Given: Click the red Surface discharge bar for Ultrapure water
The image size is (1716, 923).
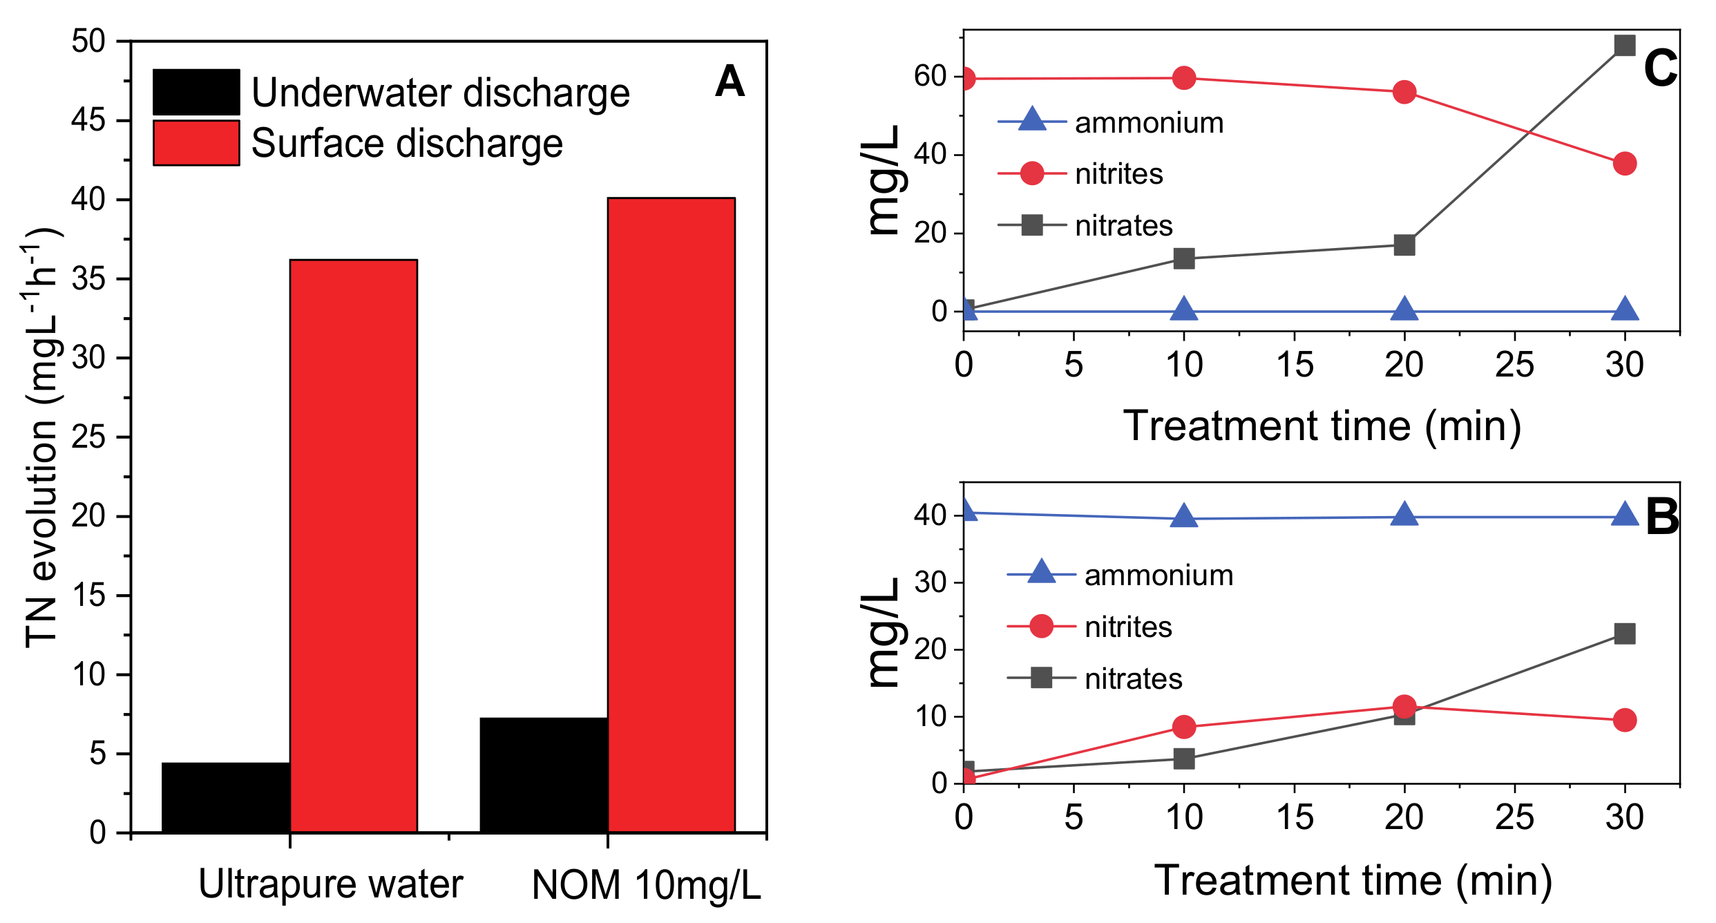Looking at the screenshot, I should pos(353,546).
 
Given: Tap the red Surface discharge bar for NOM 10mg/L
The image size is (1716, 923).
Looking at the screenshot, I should pos(671,515).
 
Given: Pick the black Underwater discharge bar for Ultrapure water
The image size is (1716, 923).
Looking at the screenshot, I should pos(226,797).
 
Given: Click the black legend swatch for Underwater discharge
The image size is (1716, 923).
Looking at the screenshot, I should pos(196,92).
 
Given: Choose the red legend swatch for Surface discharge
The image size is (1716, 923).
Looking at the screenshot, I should pos(196,143).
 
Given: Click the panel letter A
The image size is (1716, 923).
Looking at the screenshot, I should pos(730,82).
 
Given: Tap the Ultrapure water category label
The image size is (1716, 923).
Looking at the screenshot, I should pos(330,884).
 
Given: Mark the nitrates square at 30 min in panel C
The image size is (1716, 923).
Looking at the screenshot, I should pos(1624,46).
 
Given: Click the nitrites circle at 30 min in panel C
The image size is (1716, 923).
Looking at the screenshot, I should pos(1624,164).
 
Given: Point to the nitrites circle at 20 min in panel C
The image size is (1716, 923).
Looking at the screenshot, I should pos(1404,92).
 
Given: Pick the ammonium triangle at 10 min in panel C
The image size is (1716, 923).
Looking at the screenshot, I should pos(1184,310).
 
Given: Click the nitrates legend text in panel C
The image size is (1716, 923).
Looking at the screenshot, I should pos(1124,226).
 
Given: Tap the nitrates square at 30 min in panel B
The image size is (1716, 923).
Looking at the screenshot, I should pos(1624,634).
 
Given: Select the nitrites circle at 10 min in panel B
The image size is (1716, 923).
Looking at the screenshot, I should pos(1184,727).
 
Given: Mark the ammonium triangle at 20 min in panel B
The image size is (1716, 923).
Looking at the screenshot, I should pos(1404,515).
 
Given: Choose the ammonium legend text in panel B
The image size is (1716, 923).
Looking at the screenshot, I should pos(1159,575).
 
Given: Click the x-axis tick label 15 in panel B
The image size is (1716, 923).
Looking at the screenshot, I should pos(1294,818).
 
